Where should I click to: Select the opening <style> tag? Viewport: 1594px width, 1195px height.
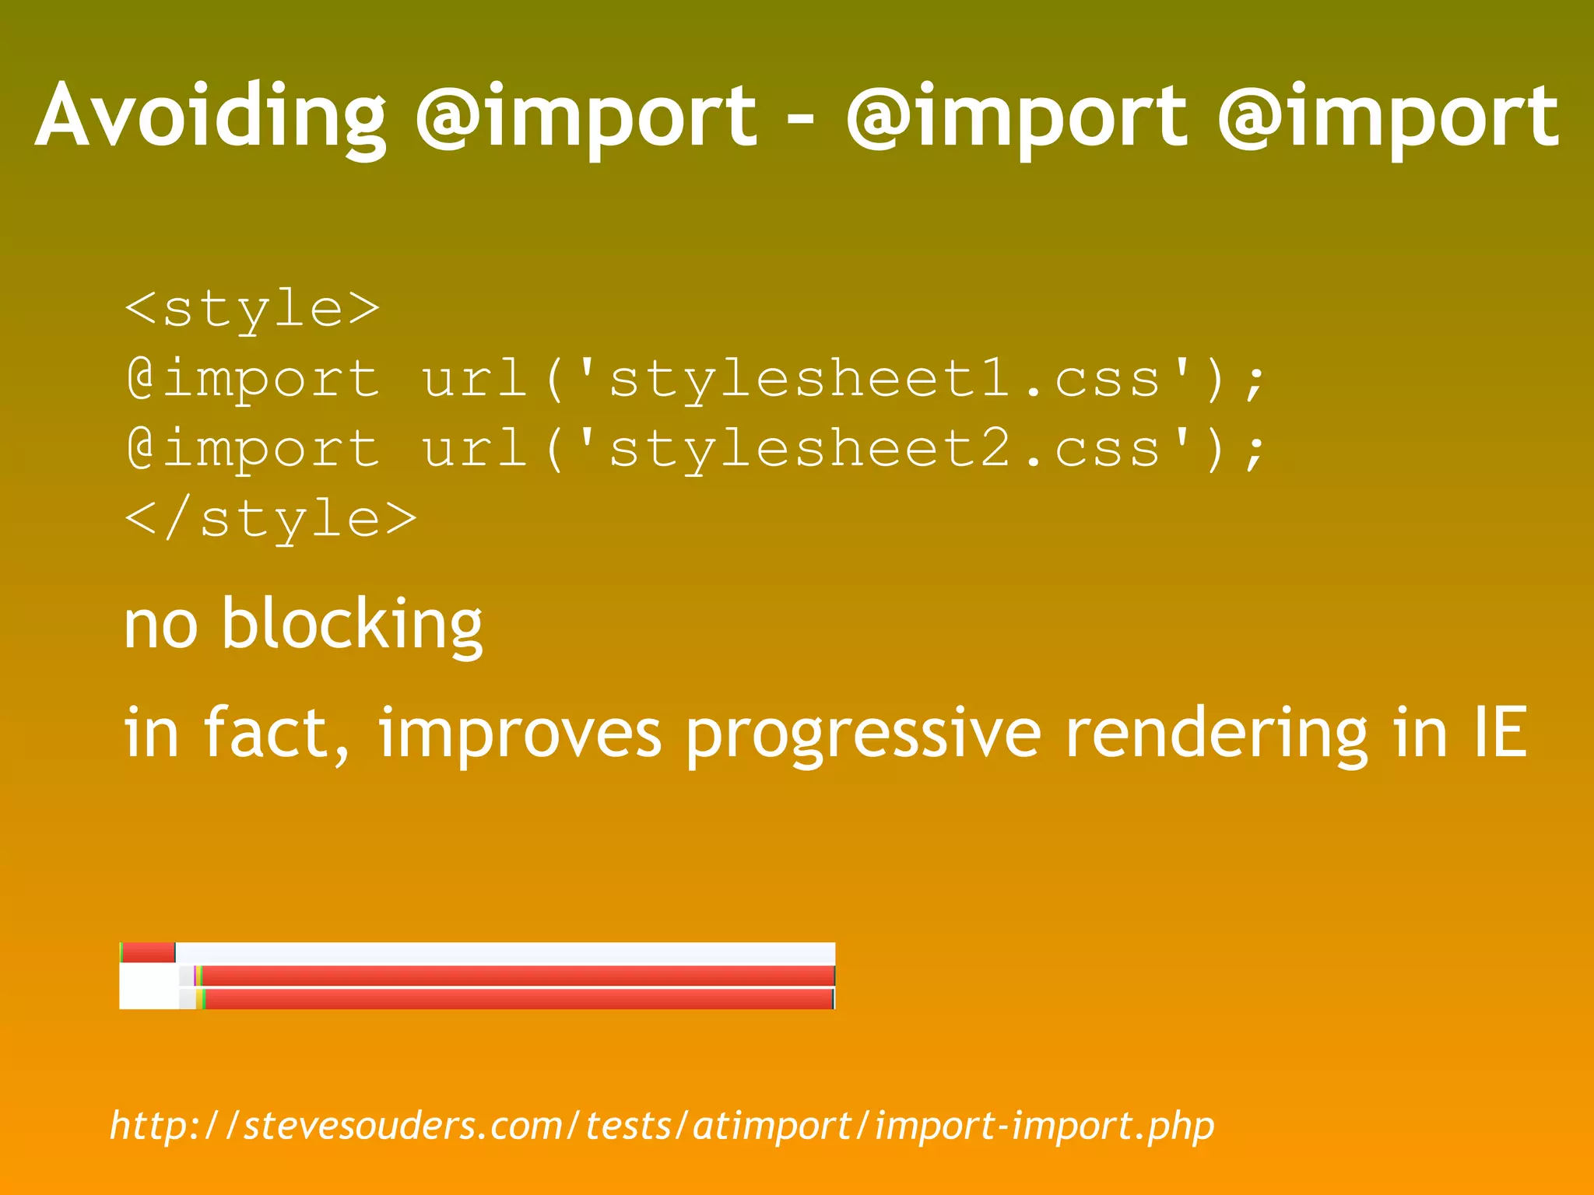tap(252, 309)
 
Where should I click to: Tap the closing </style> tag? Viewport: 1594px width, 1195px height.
tap(271, 520)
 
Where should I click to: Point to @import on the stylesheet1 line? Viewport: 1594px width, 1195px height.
tap(253, 380)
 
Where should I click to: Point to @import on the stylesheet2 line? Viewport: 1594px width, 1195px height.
tap(253, 450)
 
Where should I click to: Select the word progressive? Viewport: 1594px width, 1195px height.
tap(862, 734)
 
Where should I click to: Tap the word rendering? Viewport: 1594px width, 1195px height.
tap(1216, 734)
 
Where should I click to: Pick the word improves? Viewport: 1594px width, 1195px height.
tap(519, 734)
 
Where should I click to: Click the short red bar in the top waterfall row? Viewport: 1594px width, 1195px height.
tap(149, 952)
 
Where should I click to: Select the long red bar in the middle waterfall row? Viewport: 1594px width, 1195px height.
tap(518, 976)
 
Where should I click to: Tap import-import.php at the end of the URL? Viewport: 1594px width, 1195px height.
tap(1044, 1126)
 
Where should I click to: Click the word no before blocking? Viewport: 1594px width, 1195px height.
tap(160, 626)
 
